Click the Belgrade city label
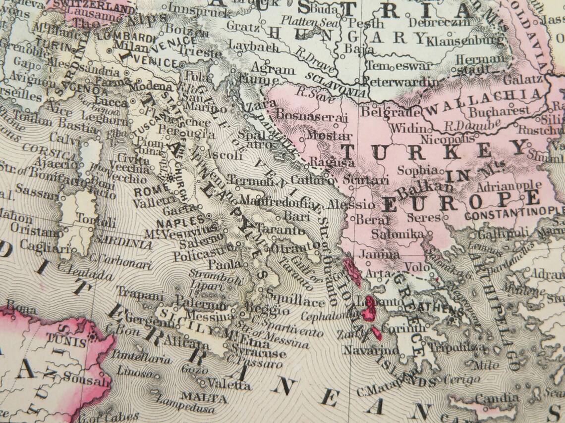click(x=383, y=112)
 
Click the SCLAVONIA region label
click(x=336, y=85)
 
